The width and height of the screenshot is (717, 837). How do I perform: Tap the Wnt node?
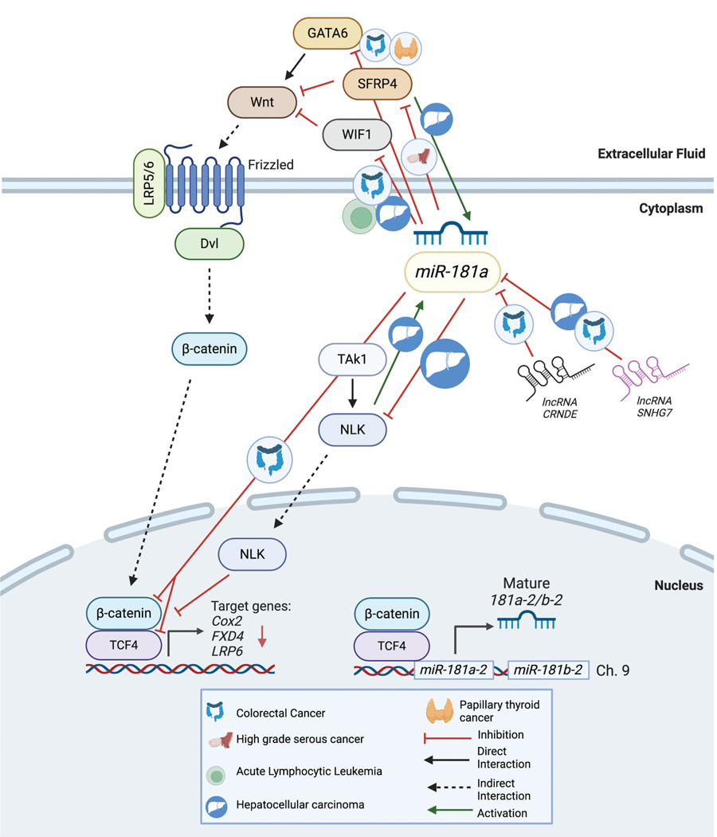[x=261, y=101]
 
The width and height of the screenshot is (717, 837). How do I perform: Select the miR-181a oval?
[x=453, y=273]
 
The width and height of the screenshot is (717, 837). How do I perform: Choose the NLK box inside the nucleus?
[x=253, y=552]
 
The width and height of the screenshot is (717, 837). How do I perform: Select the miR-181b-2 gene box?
[x=547, y=670]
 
